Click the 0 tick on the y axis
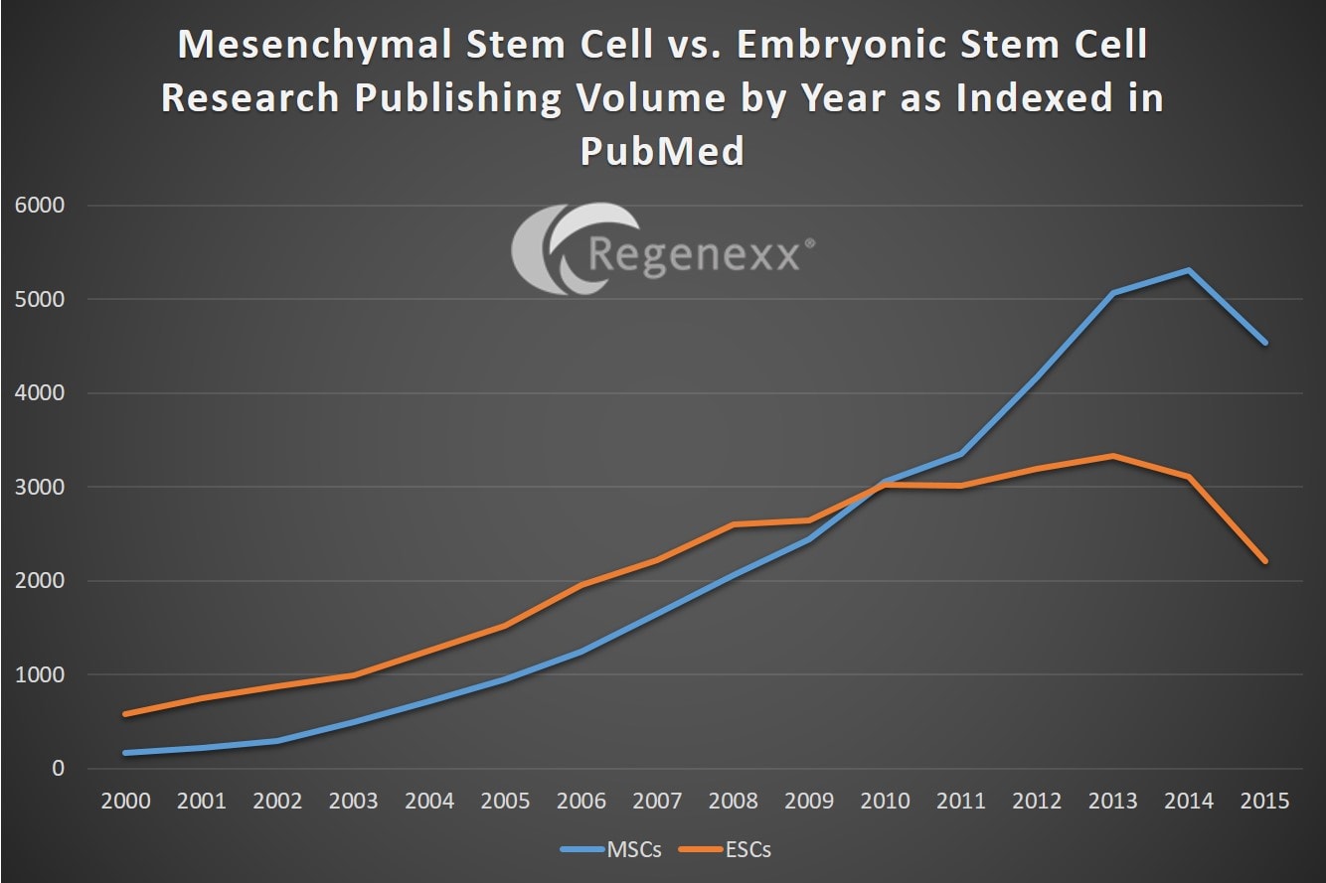58,769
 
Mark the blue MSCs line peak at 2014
1189,270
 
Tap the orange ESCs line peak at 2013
1113,456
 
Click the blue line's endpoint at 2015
1265,343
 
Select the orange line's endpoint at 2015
1265,561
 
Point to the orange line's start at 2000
125,714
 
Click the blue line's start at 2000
125,753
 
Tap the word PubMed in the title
661,152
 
